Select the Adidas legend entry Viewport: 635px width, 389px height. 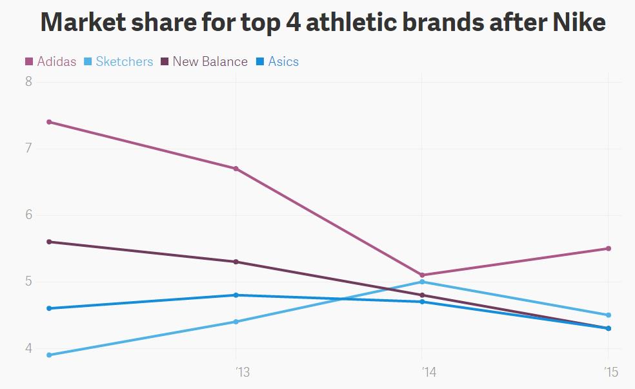[x=51, y=62]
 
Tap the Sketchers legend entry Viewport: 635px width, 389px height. [x=119, y=62]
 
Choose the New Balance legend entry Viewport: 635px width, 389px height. [x=204, y=62]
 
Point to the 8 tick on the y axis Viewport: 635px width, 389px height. [x=28, y=82]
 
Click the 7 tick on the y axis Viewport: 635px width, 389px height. [x=28, y=149]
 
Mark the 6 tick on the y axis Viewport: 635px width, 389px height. [x=28, y=215]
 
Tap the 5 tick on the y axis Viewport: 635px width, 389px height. [x=28, y=282]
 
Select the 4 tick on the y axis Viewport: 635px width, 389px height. [x=28, y=348]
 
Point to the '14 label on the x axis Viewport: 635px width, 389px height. [x=428, y=372]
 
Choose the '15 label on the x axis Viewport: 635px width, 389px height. [x=611, y=372]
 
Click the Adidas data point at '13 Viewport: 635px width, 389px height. [x=236, y=169]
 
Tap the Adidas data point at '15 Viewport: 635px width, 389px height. [x=608, y=249]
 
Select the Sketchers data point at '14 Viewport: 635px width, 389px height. [x=422, y=282]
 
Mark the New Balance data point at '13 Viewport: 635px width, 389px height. [x=236, y=262]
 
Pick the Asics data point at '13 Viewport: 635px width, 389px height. [x=236, y=295]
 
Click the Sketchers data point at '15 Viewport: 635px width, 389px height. [x=608, y=315]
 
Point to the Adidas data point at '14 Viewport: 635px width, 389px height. [x=422, y=275]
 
